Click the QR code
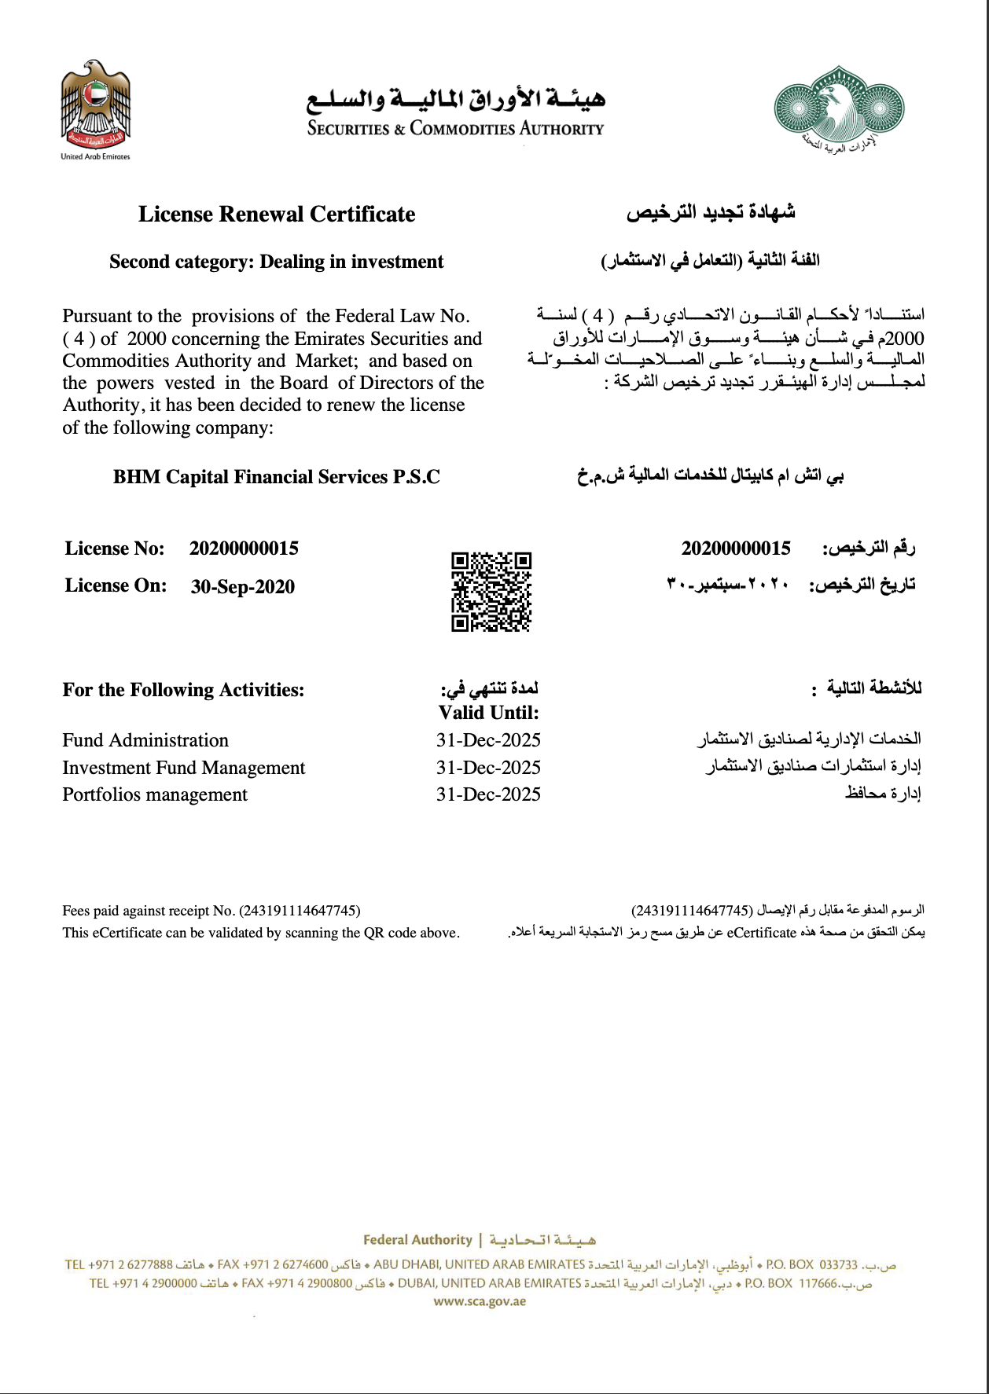(x=491, y=592)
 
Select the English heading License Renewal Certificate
(x=277, y=215)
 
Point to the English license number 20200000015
(x=244, y=548)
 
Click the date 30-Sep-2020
(x=242, y=587)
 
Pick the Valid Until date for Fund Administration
(x=488, y=740)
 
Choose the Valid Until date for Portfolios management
(x=488, y=794)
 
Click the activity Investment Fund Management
(x=183, y=768)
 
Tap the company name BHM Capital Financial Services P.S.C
(x=277, y=477)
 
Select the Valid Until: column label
(x=488, y=713)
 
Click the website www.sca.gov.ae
(x=480, y=1301)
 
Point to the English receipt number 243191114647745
(x=300, y=911)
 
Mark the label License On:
(x=116, y=586)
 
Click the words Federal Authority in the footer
(x=417, y=1240)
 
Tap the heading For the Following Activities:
(x=183, y=690)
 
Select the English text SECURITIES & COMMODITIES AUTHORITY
(x=455, y=129)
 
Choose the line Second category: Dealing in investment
(x=277, y=262)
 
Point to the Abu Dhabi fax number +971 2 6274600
(x=273, y=1264)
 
